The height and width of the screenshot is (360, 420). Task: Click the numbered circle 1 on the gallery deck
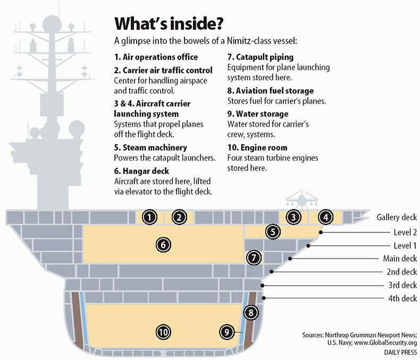coord(149,217)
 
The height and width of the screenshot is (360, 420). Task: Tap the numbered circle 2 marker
coord(179,217)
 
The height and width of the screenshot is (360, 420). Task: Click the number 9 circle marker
coord(226,332)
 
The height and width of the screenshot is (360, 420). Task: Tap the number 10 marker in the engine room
coord(163,332)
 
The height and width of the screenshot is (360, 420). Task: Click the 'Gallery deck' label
coord(397,217)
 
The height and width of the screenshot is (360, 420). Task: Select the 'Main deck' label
coord(400,258)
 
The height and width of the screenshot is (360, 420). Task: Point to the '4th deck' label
coord(402,298)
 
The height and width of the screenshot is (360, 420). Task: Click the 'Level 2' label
coord(405,232)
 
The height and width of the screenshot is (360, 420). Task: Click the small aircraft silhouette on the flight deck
coord(302,199)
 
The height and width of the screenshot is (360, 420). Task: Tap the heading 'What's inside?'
coord(169,23)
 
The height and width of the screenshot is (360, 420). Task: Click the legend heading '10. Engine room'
coord(257,148)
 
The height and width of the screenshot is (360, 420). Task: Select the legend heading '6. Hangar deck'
coord(141,171)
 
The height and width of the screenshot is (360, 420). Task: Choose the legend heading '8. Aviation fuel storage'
coord(271,91)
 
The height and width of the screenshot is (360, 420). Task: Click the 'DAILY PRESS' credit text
coord(400,353)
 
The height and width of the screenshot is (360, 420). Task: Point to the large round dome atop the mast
coord(52,24)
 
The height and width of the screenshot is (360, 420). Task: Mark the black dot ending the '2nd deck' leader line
coord(271,272)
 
